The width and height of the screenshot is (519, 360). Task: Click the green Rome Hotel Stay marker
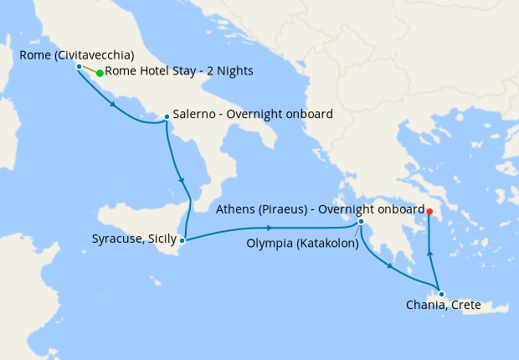pyautogui.click(x=100, y=73)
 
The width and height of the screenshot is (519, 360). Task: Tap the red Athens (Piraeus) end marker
pyautogui.click(x=429, y=211)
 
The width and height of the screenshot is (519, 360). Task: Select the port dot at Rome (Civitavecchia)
pyautogui.click(x=79, y=66)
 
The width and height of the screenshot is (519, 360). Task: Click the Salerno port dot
pyautogui.click(x=167, y=116)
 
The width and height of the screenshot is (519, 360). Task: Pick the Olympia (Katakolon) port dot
pyautogui.click(x=361, y=222)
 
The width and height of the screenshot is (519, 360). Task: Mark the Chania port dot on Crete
pyautogui.click(x=441, y=294)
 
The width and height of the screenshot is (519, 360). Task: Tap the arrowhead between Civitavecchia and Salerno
pyautogui.click(x=113, y=105)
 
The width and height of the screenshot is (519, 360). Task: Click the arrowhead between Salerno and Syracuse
pyautogui.click(x=181, y=181)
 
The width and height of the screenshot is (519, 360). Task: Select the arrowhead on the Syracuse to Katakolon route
pyautogui.click(x=277, y=228)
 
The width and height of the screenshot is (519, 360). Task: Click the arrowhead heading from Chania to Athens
pyautogui.click(x=429, y=254)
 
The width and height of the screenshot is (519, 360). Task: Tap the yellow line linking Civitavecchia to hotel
pyautogui.click(x=89, y=69)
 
